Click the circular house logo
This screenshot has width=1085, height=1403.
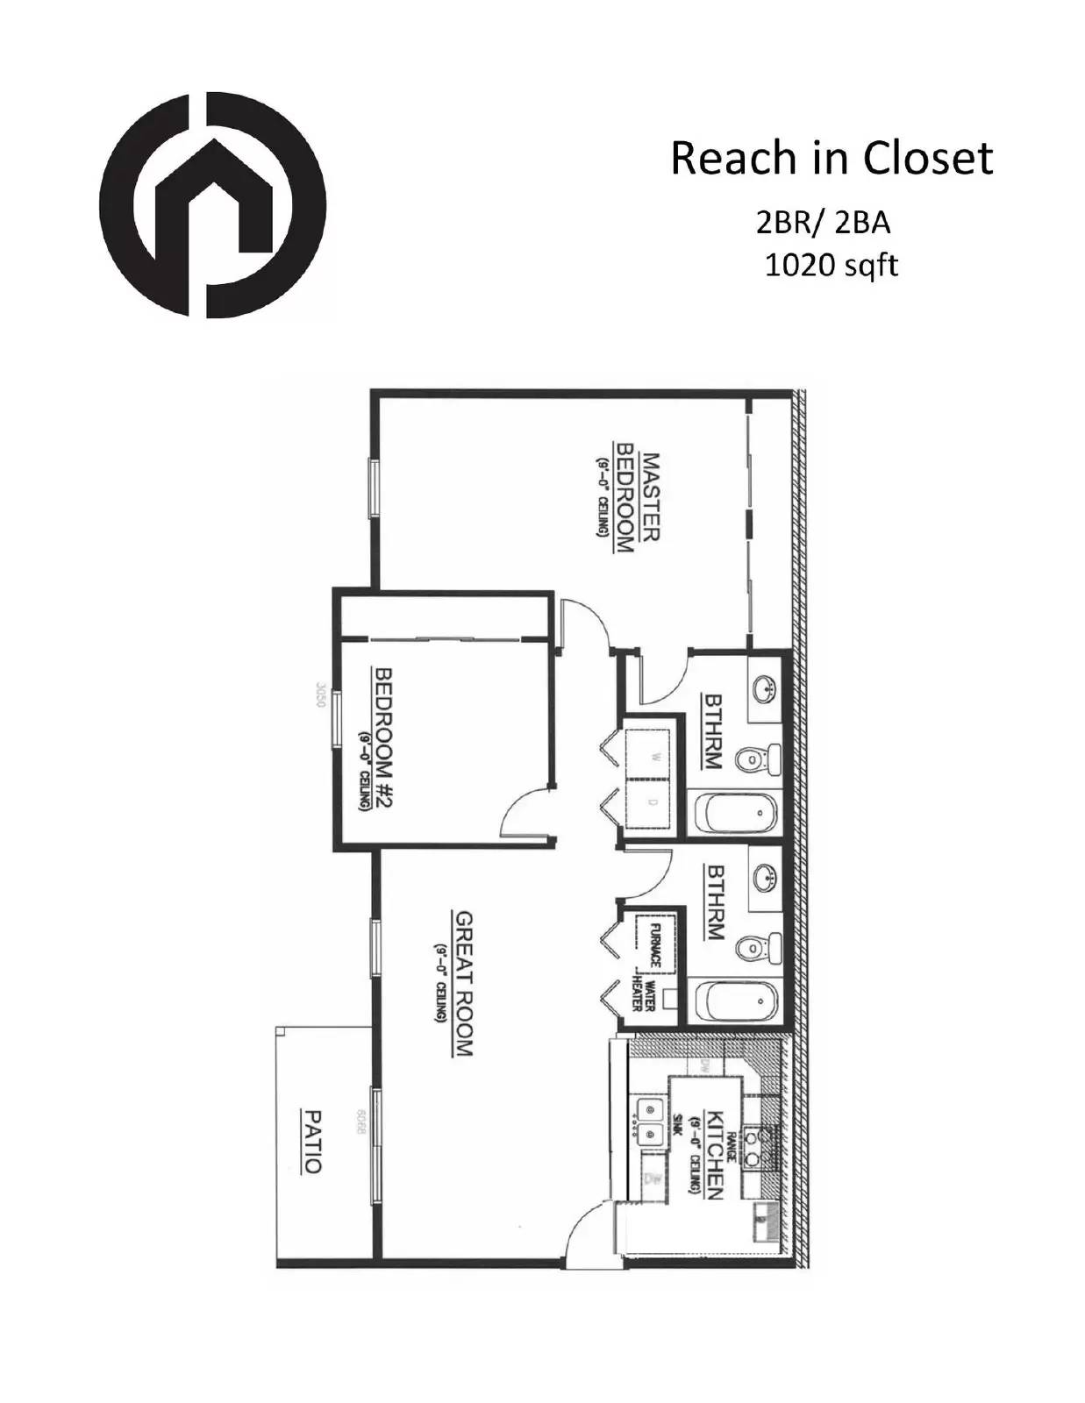click(x=212, y=204)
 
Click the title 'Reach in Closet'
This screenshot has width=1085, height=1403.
click(x=832, y=159)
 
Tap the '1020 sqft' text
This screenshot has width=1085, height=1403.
click(x=831, y=264)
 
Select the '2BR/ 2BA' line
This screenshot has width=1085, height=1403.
click(x=823, y=224)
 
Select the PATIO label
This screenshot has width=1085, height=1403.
click(x=312, y=1142)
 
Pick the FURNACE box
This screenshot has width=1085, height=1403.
click(x=653, y=944)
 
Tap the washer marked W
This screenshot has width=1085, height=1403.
click(x=651, y=756)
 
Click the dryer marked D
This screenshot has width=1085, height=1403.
click(x=651, y=802)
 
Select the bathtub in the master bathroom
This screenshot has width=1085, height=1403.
click(x=737, y=813)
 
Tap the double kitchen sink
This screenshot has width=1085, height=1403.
click(x=649, y=1122)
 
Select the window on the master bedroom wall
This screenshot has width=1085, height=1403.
click(x=374, y=488)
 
